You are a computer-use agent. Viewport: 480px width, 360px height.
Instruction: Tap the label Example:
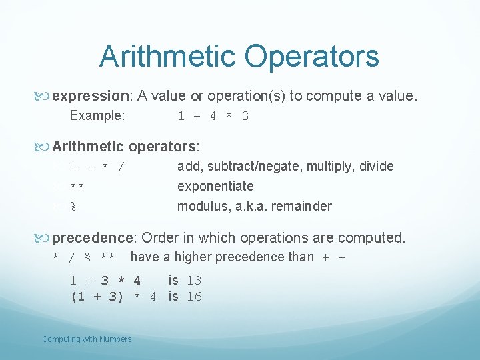point(97,115)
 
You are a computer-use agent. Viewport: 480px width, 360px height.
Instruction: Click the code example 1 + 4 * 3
point(213,116)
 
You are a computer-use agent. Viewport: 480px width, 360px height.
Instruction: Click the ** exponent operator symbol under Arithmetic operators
point(77,187)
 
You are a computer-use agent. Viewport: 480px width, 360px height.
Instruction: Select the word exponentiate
point(215,186)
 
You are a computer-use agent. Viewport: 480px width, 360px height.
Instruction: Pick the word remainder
point(303,206)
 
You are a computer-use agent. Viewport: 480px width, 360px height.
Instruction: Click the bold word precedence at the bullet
point(94,238)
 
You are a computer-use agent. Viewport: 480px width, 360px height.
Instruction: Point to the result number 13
point(194,281)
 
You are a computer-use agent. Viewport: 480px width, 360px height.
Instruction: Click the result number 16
point(194,297)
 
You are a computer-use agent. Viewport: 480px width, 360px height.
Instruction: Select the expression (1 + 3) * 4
point(113,297)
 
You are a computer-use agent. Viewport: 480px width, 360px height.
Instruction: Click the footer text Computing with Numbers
point(87,339)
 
